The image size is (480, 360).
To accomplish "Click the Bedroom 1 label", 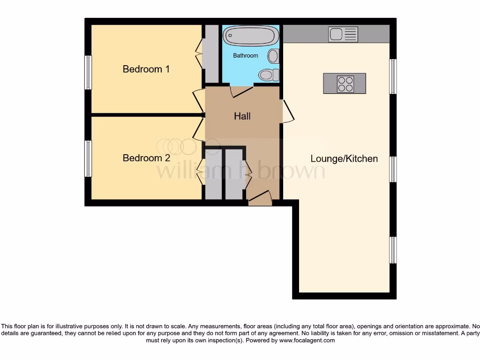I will tap(146, 69).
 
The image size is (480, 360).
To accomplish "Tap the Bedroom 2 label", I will tap(146, 158).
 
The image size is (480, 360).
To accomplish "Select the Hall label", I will tap(242, 116).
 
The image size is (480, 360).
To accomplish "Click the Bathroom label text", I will tap(246, 55).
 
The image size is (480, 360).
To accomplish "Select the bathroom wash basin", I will tap(273, 57).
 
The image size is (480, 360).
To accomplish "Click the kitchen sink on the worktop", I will tap(343, 34).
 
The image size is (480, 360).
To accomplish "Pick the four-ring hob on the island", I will tap(345, 84).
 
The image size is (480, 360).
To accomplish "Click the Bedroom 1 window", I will tap(88, 72).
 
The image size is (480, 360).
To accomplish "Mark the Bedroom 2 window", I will tap(88, 159).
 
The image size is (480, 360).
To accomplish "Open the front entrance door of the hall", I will tap(260, 199).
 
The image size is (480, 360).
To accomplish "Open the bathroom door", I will tap(242, 91).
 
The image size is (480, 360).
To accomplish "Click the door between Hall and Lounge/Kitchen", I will tap(286, 112).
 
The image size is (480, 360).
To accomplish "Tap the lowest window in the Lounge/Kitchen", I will tap(393, 250).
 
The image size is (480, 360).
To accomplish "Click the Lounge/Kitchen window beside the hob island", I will tap(393, 76).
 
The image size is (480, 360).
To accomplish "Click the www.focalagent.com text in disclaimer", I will tap(307, 341).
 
